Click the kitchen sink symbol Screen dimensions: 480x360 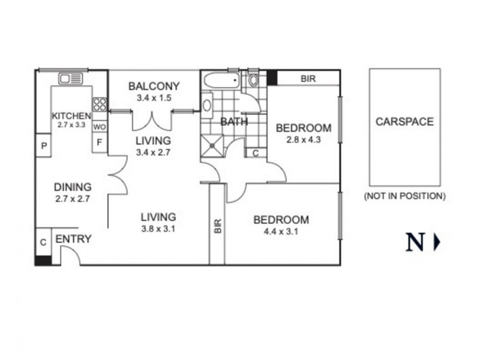coord(71,79)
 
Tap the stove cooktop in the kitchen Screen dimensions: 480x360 coord(100,104)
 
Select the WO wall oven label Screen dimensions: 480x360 coord(100,127)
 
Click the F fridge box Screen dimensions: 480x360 coord(100,142)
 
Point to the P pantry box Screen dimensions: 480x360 coord(44,145)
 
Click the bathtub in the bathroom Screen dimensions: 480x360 coord(221,80)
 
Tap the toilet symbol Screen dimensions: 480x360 coord(253,79)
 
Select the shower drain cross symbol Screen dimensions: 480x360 coord(212,146)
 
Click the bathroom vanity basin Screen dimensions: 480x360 coord(207,106)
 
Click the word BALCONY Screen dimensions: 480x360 coord(154,86)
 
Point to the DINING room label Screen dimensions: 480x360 coord(73,187)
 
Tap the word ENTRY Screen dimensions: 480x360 coord(73,239)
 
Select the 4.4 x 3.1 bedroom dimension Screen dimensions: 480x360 coord(281,232)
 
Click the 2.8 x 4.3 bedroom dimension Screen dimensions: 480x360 coord(304,140)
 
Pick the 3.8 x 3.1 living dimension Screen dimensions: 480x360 coord(158,229)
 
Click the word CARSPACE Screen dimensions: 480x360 coord(404,122)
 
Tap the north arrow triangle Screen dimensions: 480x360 coord(437,242)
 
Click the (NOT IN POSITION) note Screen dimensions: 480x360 coord(404,196)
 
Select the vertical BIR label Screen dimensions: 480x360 coord(218,226)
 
